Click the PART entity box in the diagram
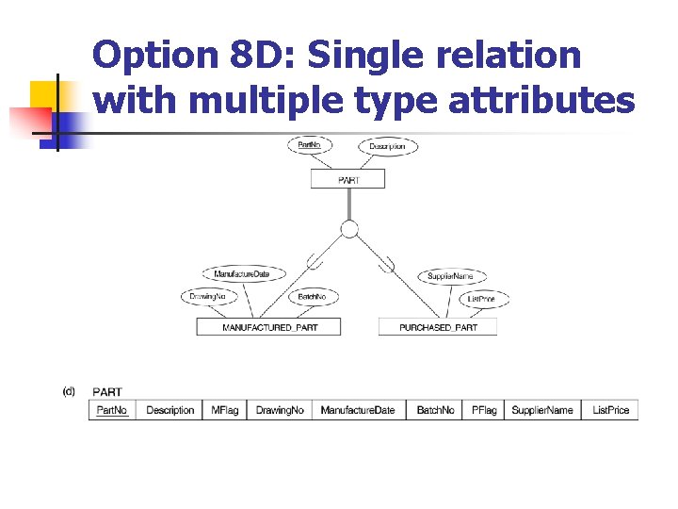coord(347,179)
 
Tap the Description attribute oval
coord(387,146)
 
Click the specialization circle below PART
coord(349,229)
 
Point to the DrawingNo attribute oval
coord(207,297)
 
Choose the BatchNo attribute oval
coord(311,297)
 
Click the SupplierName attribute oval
coord(451,276)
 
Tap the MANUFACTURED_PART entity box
coord(268,327)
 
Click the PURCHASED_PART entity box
coord(438,327)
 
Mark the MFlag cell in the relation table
coord(224,410)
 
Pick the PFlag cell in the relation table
coord(484,410)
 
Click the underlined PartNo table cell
coord(112,410)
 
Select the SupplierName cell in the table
coord(541,410)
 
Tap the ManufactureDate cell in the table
coord(358,410)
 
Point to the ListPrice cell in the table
coord(610,410)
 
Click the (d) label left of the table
coord(69,390)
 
